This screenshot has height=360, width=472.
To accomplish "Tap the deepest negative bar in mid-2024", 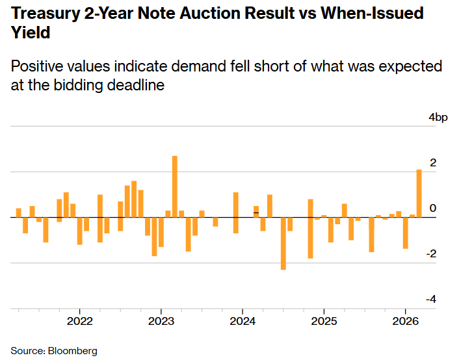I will (283, 243).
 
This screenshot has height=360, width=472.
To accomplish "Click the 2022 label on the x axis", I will (79, 321).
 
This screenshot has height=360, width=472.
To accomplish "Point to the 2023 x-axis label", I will (161, 321).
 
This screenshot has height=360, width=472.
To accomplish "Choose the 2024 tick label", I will (243, 321).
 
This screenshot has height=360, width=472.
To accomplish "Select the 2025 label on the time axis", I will (324, 321).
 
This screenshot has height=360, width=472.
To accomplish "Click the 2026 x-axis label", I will (405, 321).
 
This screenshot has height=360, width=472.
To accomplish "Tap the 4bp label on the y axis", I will (438, 118).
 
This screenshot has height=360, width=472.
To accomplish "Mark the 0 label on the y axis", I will (433, 208).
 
